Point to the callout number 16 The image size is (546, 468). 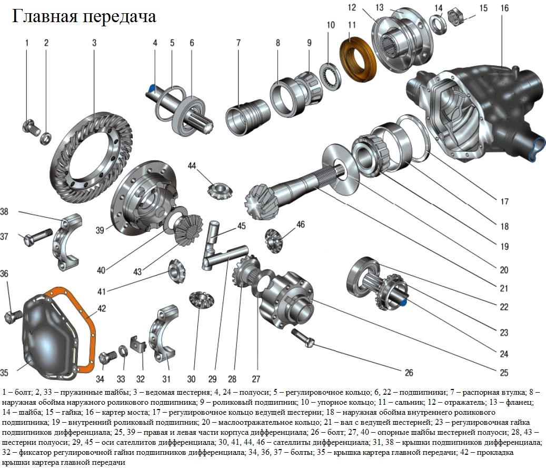(x=504, y=8)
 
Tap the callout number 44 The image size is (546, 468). (x=192, y=166)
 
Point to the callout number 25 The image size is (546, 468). (x=504, y=373)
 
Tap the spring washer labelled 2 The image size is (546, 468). (x=46, y=138)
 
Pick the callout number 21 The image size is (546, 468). (x=504, y=288)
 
